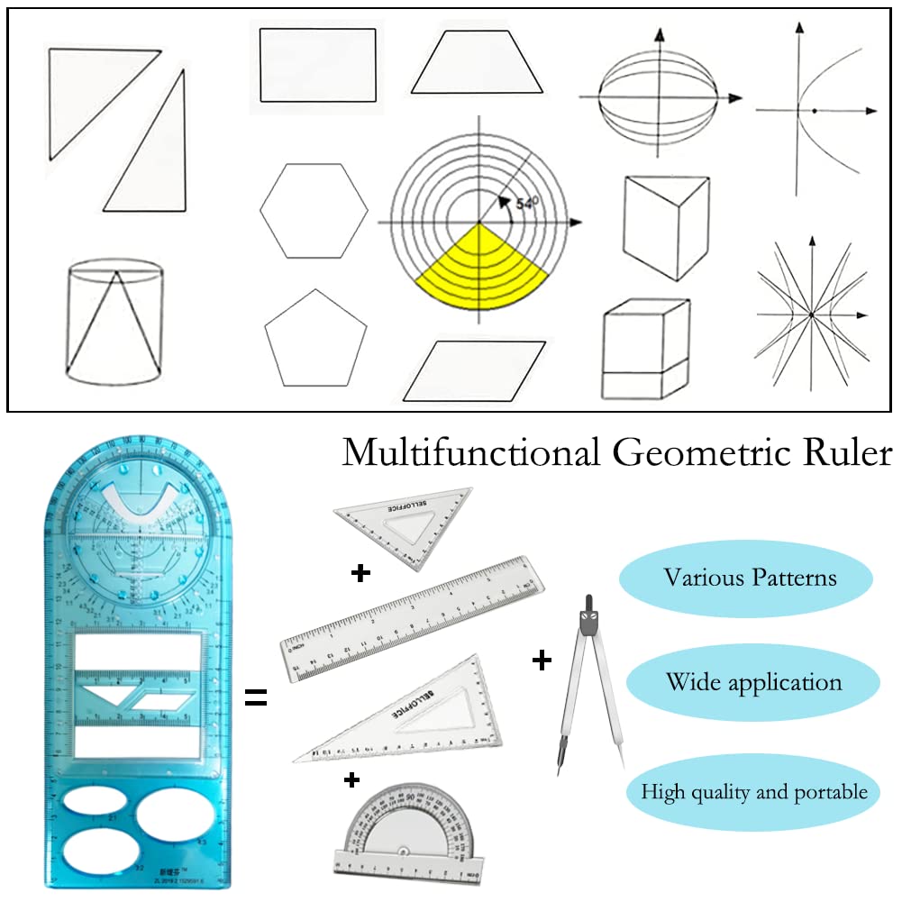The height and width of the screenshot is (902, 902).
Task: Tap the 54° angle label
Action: pyautogui.click(x=526, y=204)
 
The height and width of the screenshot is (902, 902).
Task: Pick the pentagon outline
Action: pyautogui.click(x=315, y=338)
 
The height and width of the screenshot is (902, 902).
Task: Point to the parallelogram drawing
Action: pyautogui.click(x=475, y=370)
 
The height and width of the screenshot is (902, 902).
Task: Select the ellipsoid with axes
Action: pyautogui.click(x=661, y=97)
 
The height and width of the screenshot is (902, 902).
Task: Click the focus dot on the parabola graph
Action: pyautogui.click(x=814, y=111)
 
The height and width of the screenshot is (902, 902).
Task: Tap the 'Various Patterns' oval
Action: pyautogui.click(x=751, y=577)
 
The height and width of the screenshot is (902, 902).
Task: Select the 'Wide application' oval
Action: pyautogui.click(x=753, y=682)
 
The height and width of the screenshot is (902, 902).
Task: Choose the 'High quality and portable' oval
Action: pyautogui.click(x=753, y=792)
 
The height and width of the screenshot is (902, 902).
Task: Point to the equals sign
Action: pyautogui.click(x=256, y=697)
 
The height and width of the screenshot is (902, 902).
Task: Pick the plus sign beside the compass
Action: pyautogui.click(x=542, y=662)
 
